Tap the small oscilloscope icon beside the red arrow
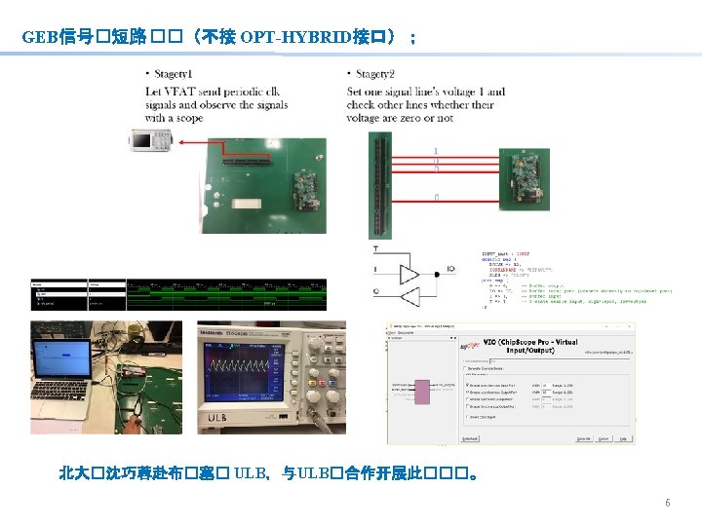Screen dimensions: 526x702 pyautogui.click(x=151, y=142)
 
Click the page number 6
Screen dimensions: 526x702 pyautogui.click(x=667, y=504)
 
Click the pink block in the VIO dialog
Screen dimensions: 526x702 pyautogui.click(x=421, y=392)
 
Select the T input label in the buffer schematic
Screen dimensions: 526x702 pyautogui.click(x=376, y=248)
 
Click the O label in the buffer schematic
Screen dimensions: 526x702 pyautogui.click(x=376, y=290)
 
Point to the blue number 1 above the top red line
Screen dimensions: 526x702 pyautogui.click(x=436, y=150)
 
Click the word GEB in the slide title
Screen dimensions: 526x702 pyautogui.click(x=40, y=37)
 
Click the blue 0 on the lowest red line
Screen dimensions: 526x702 pyautogui.click(x=436, y=198)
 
